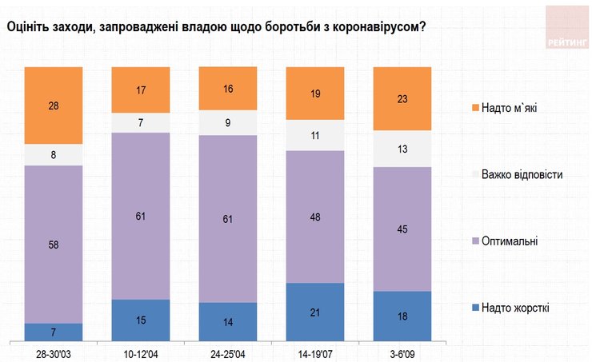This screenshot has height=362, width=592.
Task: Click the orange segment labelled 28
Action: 54,105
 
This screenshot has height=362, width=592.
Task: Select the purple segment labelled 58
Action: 54,244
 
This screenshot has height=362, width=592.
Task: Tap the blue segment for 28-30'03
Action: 54,332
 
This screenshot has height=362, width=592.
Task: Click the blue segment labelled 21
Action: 315,312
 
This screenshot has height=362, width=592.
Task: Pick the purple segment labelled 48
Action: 315,217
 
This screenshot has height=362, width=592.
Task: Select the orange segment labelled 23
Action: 402,98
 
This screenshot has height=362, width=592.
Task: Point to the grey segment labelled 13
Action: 402,149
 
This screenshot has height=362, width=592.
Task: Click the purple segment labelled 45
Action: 402,229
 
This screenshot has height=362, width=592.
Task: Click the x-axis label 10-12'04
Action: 141,352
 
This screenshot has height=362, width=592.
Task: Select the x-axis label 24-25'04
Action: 228,352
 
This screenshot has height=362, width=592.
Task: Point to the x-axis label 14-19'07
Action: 315,352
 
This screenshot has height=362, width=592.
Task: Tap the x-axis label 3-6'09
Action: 402,352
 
